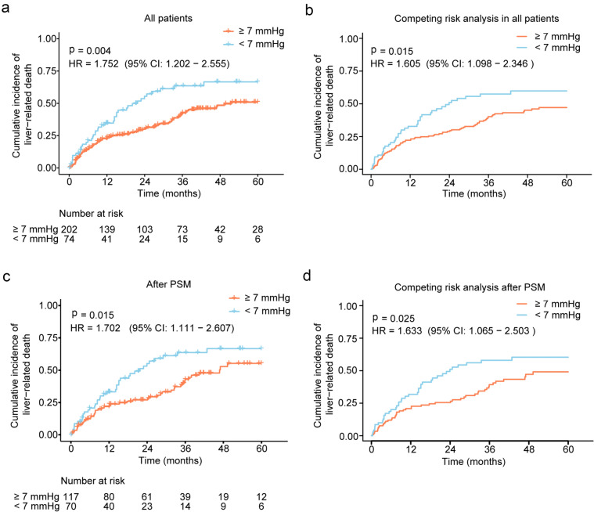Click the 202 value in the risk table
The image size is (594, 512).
pyautogui.click(x=70, y=229)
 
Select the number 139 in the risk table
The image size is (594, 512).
pyautogui.click(x=108, y=229)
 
